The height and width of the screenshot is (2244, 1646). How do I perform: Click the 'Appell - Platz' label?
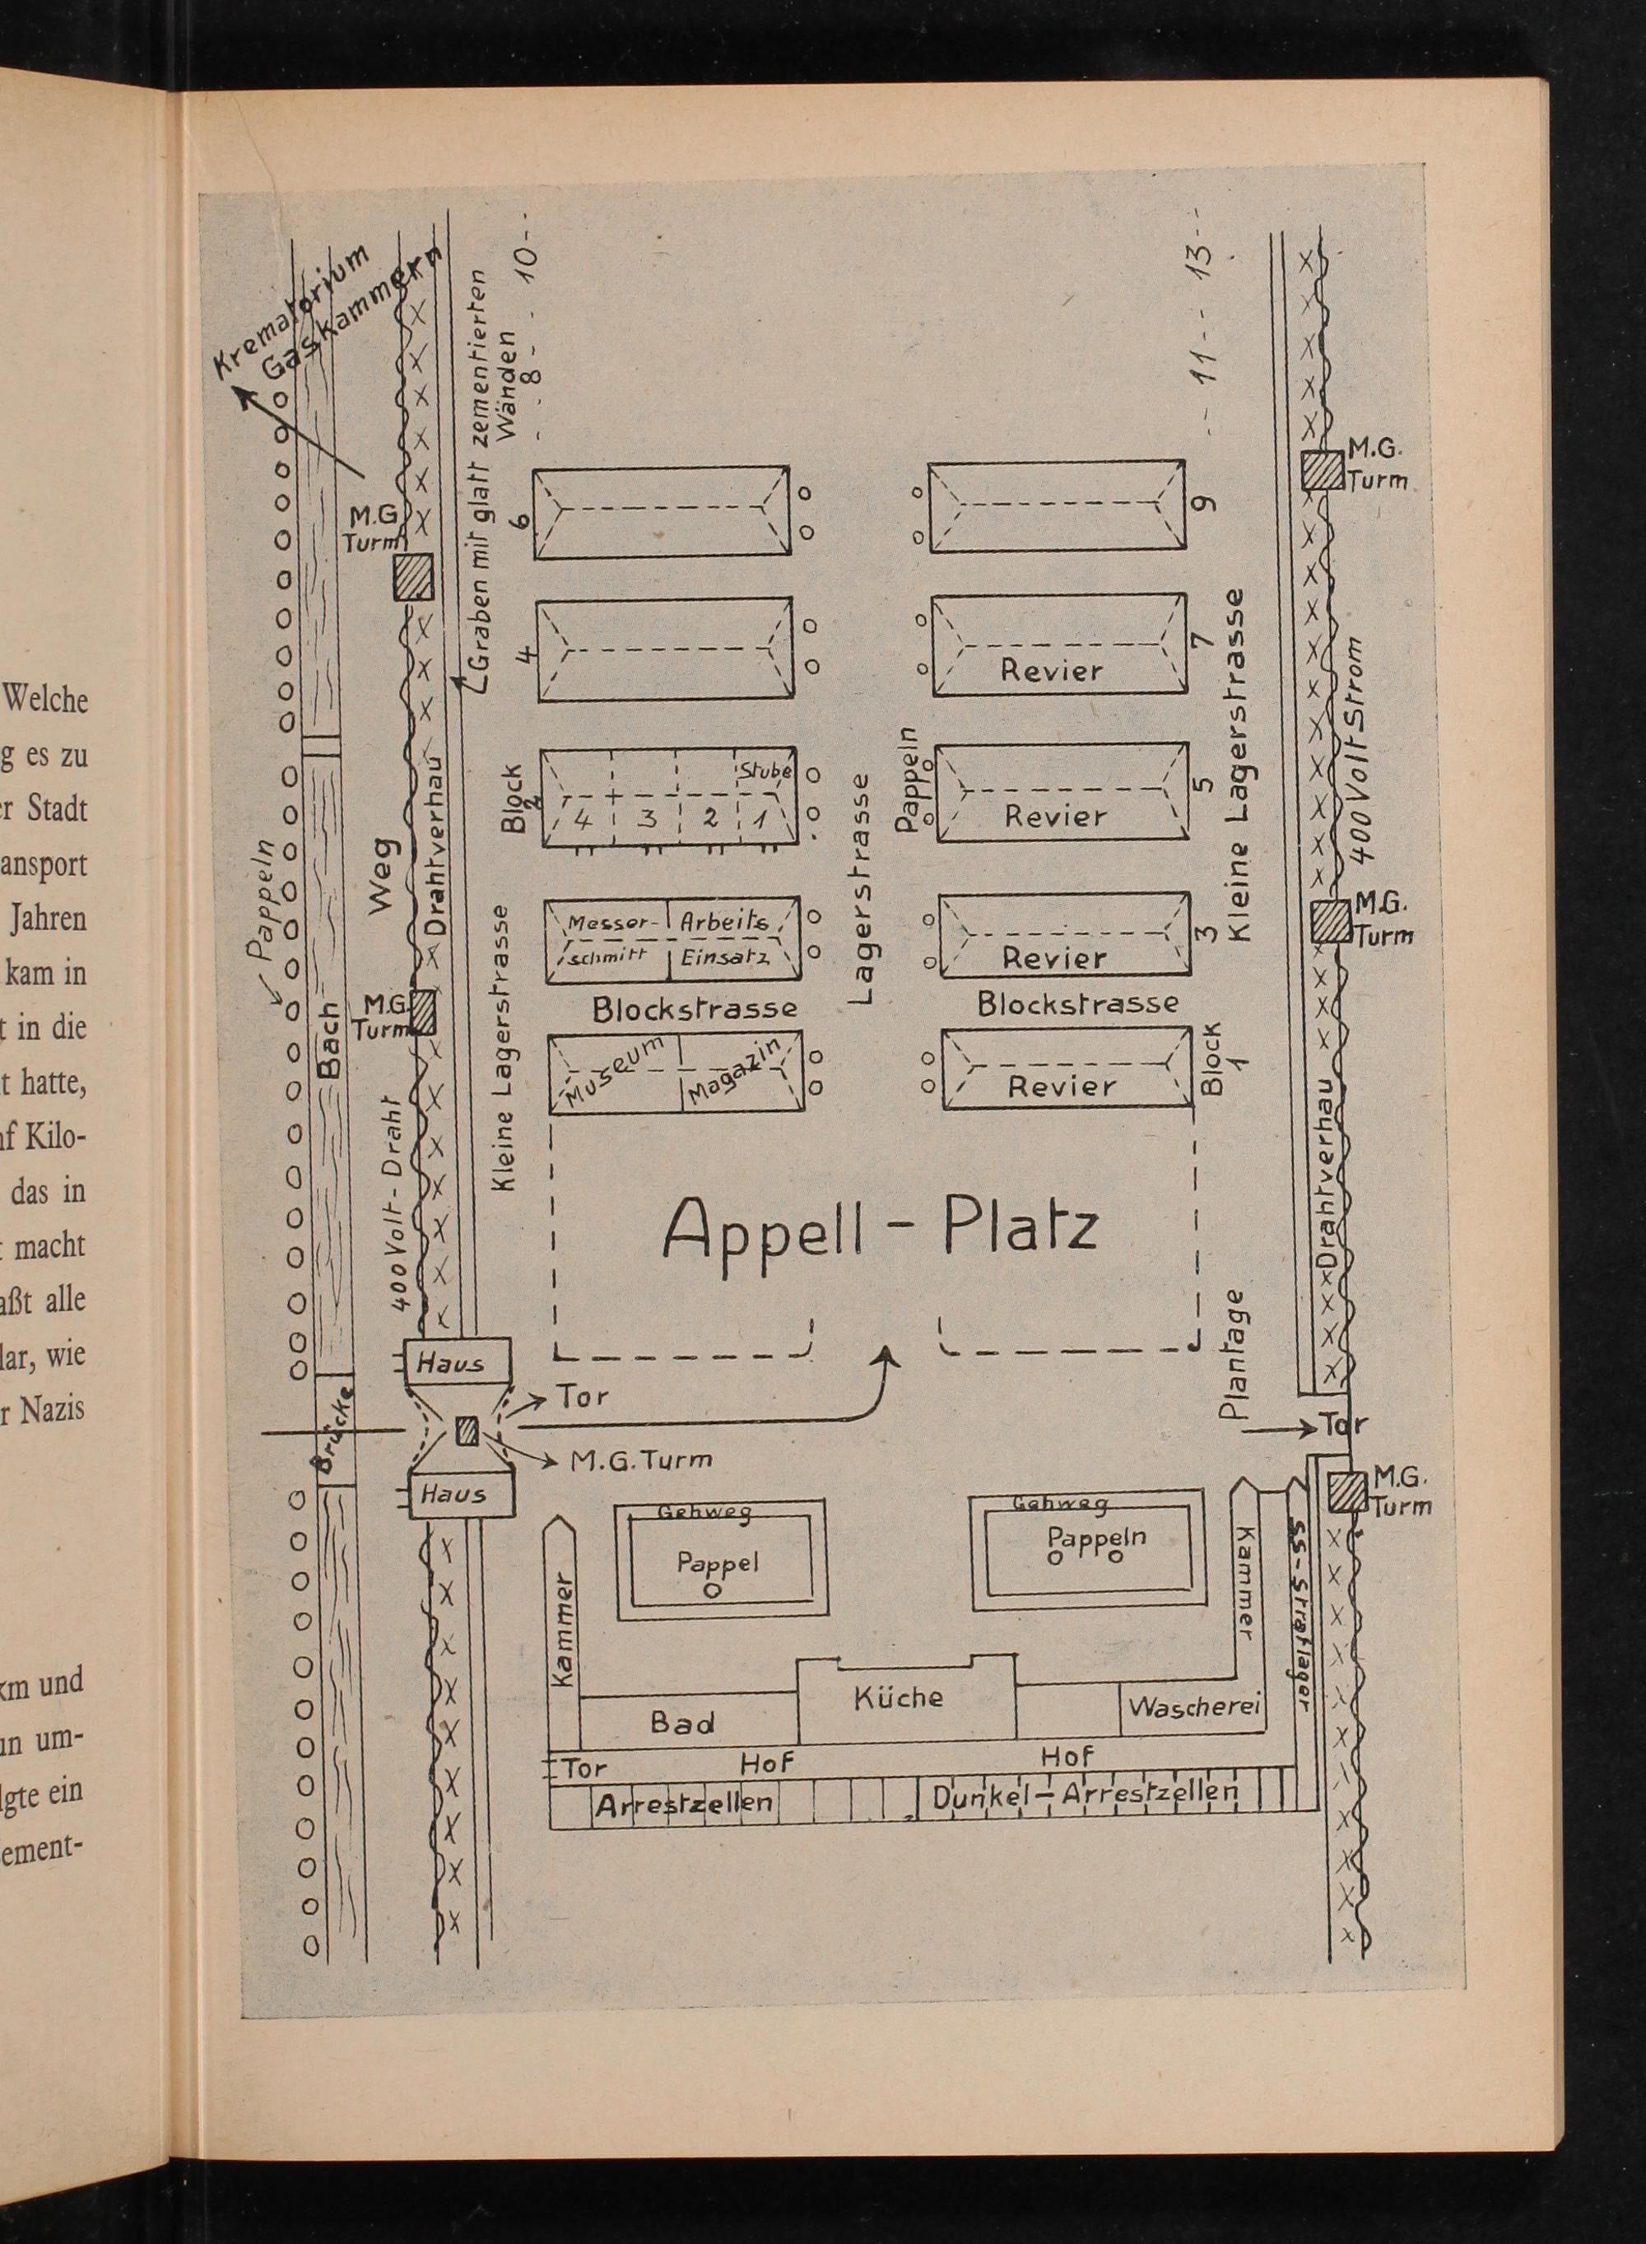click(x=880, y=1229)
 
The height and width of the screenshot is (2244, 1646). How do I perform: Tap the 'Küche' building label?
click(x=898, y=1697)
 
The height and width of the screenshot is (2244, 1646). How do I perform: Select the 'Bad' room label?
click(x=681, y=1722)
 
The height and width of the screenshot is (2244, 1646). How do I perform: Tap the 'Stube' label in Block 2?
click(x=765, y=771)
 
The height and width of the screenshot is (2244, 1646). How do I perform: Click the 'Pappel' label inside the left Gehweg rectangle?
click(x=718, y=1562)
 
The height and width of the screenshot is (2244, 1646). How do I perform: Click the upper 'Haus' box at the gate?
click(x=453, y=1363)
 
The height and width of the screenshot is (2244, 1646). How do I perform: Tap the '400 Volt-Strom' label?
click(x=1359, y=749)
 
